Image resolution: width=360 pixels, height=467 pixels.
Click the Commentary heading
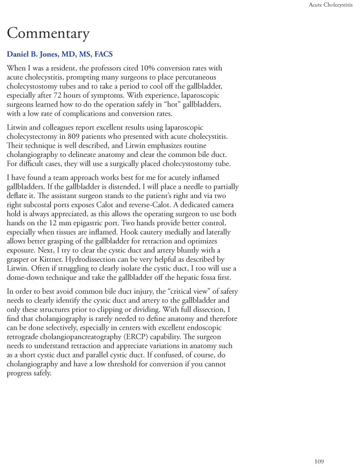[x=48, y=34]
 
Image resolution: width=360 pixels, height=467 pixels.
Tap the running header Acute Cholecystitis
[x=331, y=5]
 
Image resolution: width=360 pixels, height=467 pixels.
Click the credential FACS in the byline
[x=102, y=55]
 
